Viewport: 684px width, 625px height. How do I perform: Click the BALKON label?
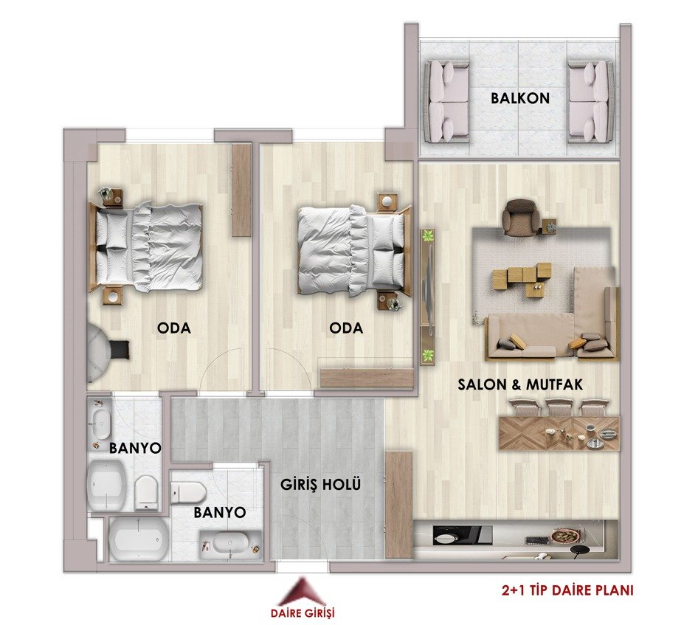click(520, 98)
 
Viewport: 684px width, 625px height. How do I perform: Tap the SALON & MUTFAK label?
click(520, 384)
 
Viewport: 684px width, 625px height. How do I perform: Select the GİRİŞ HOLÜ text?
click(321, 484)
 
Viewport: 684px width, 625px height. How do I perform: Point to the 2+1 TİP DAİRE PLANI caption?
click(567, 590)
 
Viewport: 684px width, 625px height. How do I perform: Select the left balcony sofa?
click(448, 102)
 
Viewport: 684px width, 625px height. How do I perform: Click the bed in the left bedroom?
click(146, 246)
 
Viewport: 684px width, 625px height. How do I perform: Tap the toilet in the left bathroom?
click(145, 492)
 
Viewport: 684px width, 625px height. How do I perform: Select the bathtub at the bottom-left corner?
click(138, 539)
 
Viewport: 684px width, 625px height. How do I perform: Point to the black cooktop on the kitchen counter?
click(463, 535)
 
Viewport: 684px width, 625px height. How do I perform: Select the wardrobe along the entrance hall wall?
click(399, 505)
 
